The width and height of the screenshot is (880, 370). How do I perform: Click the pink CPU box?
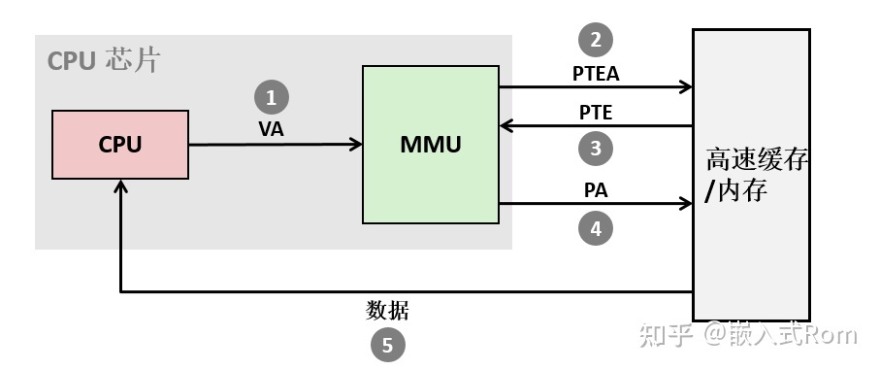(120, 145)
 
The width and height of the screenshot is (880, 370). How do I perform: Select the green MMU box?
(430, 145)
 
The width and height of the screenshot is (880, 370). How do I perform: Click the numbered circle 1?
(271, 97)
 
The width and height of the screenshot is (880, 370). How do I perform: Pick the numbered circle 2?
(596, 40)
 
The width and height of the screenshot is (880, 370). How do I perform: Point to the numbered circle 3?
(596, 149)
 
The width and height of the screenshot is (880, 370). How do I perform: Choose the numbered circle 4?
(596, 228)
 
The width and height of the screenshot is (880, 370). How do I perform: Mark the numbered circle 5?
(388, 345)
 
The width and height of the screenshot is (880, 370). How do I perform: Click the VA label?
(272, 129)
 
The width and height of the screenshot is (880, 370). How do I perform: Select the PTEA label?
(596, 72)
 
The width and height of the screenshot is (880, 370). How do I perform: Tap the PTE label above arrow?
(596, 112)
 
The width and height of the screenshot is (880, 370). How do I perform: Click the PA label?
(596, 190)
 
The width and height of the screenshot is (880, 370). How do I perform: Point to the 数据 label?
(388, 311)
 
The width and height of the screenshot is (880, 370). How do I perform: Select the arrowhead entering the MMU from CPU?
(355, 145)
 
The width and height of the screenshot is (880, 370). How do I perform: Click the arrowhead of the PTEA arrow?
(685, 86)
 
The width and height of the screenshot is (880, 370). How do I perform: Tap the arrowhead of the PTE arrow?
(506, 125)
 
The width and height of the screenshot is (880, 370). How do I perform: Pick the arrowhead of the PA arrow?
(685, 205)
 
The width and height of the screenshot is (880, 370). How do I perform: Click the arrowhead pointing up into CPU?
(120, 187)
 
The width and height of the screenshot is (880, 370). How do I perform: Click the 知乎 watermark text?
(667, 335)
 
